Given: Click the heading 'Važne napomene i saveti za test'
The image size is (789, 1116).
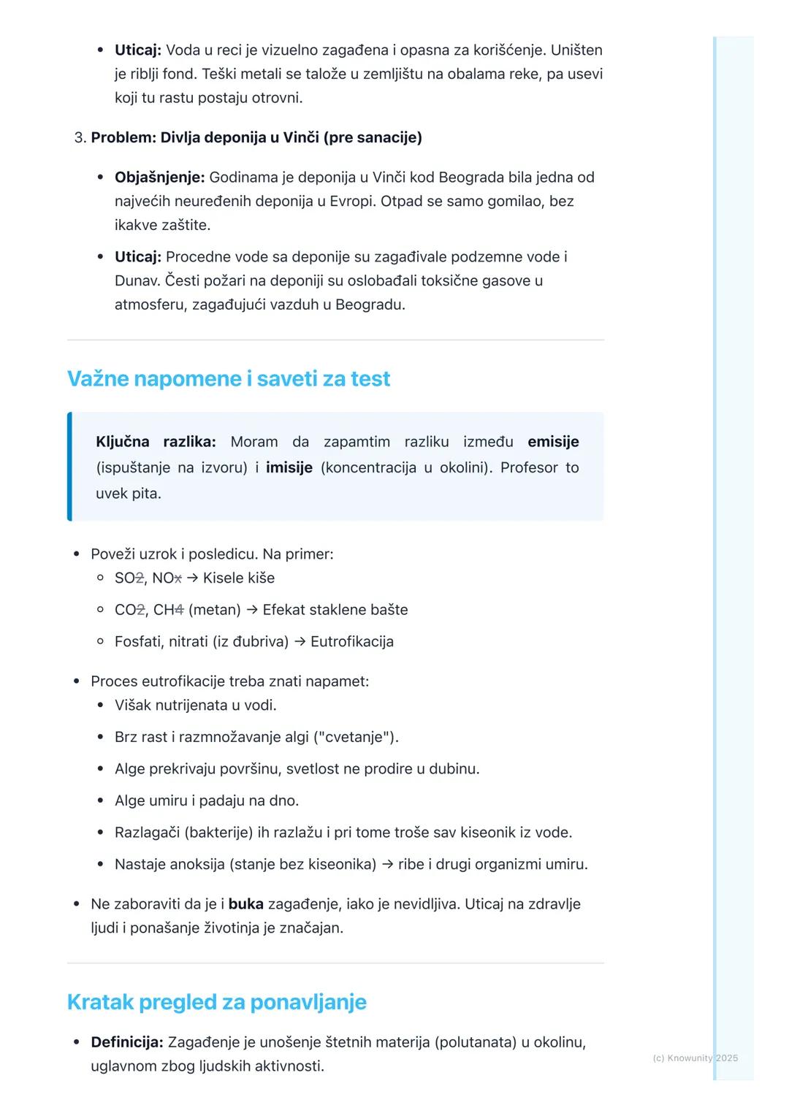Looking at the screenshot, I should pyautogui.click(x=229, y=378).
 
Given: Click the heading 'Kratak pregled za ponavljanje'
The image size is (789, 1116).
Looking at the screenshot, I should pyautogui.click(x=216, y=1002).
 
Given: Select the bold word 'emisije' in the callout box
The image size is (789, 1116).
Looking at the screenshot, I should pyautogui.click(x=553, y=442).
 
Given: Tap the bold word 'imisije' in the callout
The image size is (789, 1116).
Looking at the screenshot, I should pyautogui.click(x=289, y=467).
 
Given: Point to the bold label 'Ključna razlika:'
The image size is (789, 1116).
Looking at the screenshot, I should pyautogui.click(x=156, y=442).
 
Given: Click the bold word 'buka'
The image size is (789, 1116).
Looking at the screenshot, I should pyautogui.click(x=245, y=904).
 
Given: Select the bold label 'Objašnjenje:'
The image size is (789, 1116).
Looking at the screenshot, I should pyautogui.click(x=159, y=177).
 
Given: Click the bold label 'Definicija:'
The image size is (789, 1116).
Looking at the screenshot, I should pyautogui.click(x=126, y=1042).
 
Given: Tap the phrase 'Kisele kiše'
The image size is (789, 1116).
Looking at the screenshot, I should pyautogui.click(x=239, y=578).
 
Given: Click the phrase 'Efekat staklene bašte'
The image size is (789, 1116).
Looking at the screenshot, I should pyautogui.click(x=335, y=610).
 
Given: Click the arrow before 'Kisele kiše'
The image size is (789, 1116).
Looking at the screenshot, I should pyautogui.click(x=192, y=578).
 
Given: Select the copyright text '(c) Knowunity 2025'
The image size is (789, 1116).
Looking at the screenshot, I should pyautogui.click(x=695, y=1058).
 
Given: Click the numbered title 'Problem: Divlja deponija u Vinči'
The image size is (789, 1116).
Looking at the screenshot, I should pyautogui.click(x=256, y=138).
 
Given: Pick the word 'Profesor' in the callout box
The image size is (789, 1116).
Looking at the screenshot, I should pyautogui.click(x=529, y=467).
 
